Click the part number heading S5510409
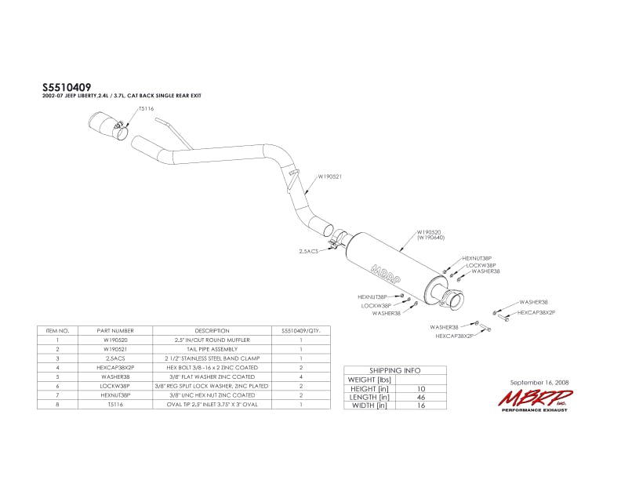click(66, 89)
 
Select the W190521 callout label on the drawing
click(329, 176)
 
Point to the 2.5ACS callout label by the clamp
click(308, 252)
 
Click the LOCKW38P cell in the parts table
click(113, 386)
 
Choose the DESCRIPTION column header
click(212, 331)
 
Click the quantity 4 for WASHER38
click(300, 376)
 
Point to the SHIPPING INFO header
click(394, 369)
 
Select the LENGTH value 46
click(422, 397)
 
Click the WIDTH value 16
click(422, 405)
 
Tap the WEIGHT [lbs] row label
click(369, 380)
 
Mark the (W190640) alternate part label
click(430, 238)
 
